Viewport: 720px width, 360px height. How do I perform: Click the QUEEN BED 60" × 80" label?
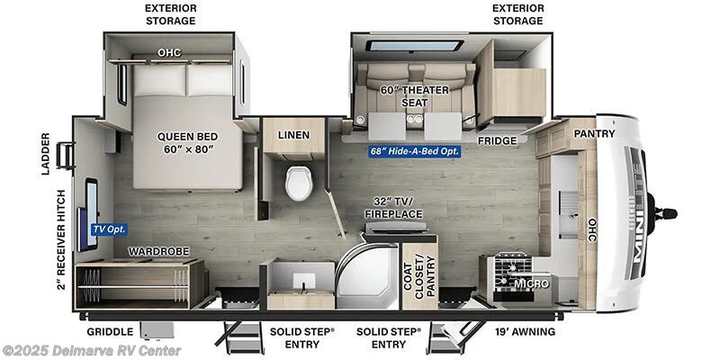click(187, 143)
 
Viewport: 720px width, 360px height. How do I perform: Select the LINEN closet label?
click(293, 135)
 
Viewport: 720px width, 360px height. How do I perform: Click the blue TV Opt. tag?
click(109, 229)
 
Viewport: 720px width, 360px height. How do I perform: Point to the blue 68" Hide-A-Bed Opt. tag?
click(415, 151)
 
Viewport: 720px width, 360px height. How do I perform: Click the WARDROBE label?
click(150, 251)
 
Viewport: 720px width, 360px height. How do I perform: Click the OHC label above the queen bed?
click(169, 52)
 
